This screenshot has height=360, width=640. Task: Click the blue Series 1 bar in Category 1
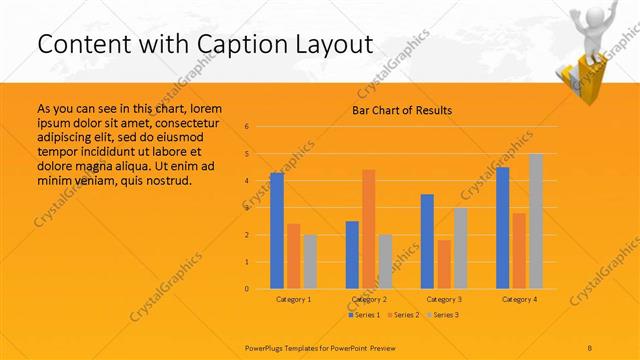277,231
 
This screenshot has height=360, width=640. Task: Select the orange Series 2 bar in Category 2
368,229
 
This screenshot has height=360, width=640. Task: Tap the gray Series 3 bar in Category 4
536,221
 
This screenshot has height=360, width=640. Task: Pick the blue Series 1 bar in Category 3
427,241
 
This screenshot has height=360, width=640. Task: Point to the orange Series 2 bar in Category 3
443,264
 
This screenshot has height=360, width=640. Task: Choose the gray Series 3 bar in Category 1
309,262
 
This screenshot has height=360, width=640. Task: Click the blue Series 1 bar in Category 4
502,228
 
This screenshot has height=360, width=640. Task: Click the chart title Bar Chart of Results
402,110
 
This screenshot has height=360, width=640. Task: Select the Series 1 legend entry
364,315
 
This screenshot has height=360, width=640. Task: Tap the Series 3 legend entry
443,315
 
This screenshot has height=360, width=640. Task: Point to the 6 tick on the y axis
248,127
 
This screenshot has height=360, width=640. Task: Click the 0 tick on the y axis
248,289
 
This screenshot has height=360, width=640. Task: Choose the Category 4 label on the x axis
519,299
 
